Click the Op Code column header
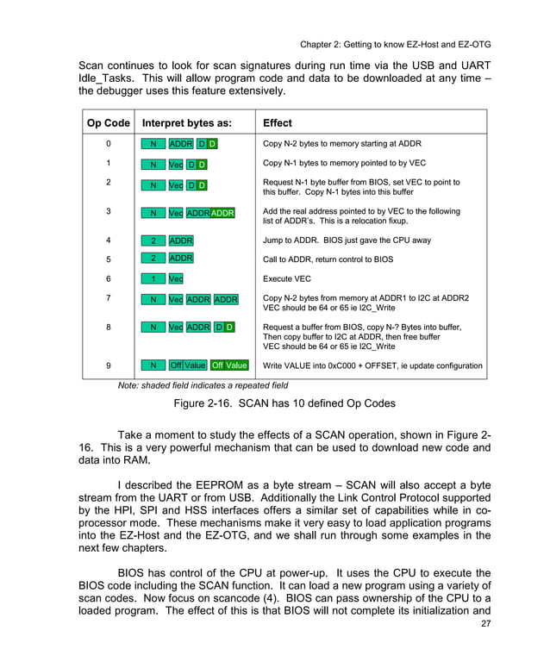pos(108,122)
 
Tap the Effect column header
pos(278,122)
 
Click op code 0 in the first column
pos(108,144)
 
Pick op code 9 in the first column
pos(108,365)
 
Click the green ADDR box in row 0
pos(181,144)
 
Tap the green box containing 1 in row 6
pos(153,279)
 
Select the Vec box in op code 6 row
pos(176,279)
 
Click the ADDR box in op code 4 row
pos(181,240)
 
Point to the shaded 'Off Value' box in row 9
pos(229,365)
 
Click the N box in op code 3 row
pos(153,212)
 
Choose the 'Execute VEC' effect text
pos(287,279)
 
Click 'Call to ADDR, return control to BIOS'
pos(328,259)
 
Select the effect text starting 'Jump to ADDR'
pos(347,240)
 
